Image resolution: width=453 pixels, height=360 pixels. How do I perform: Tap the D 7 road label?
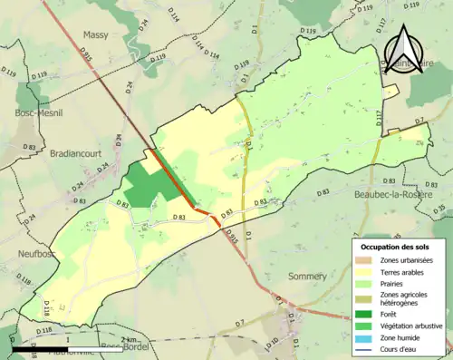pyautogui.click(x=419, y=122)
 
